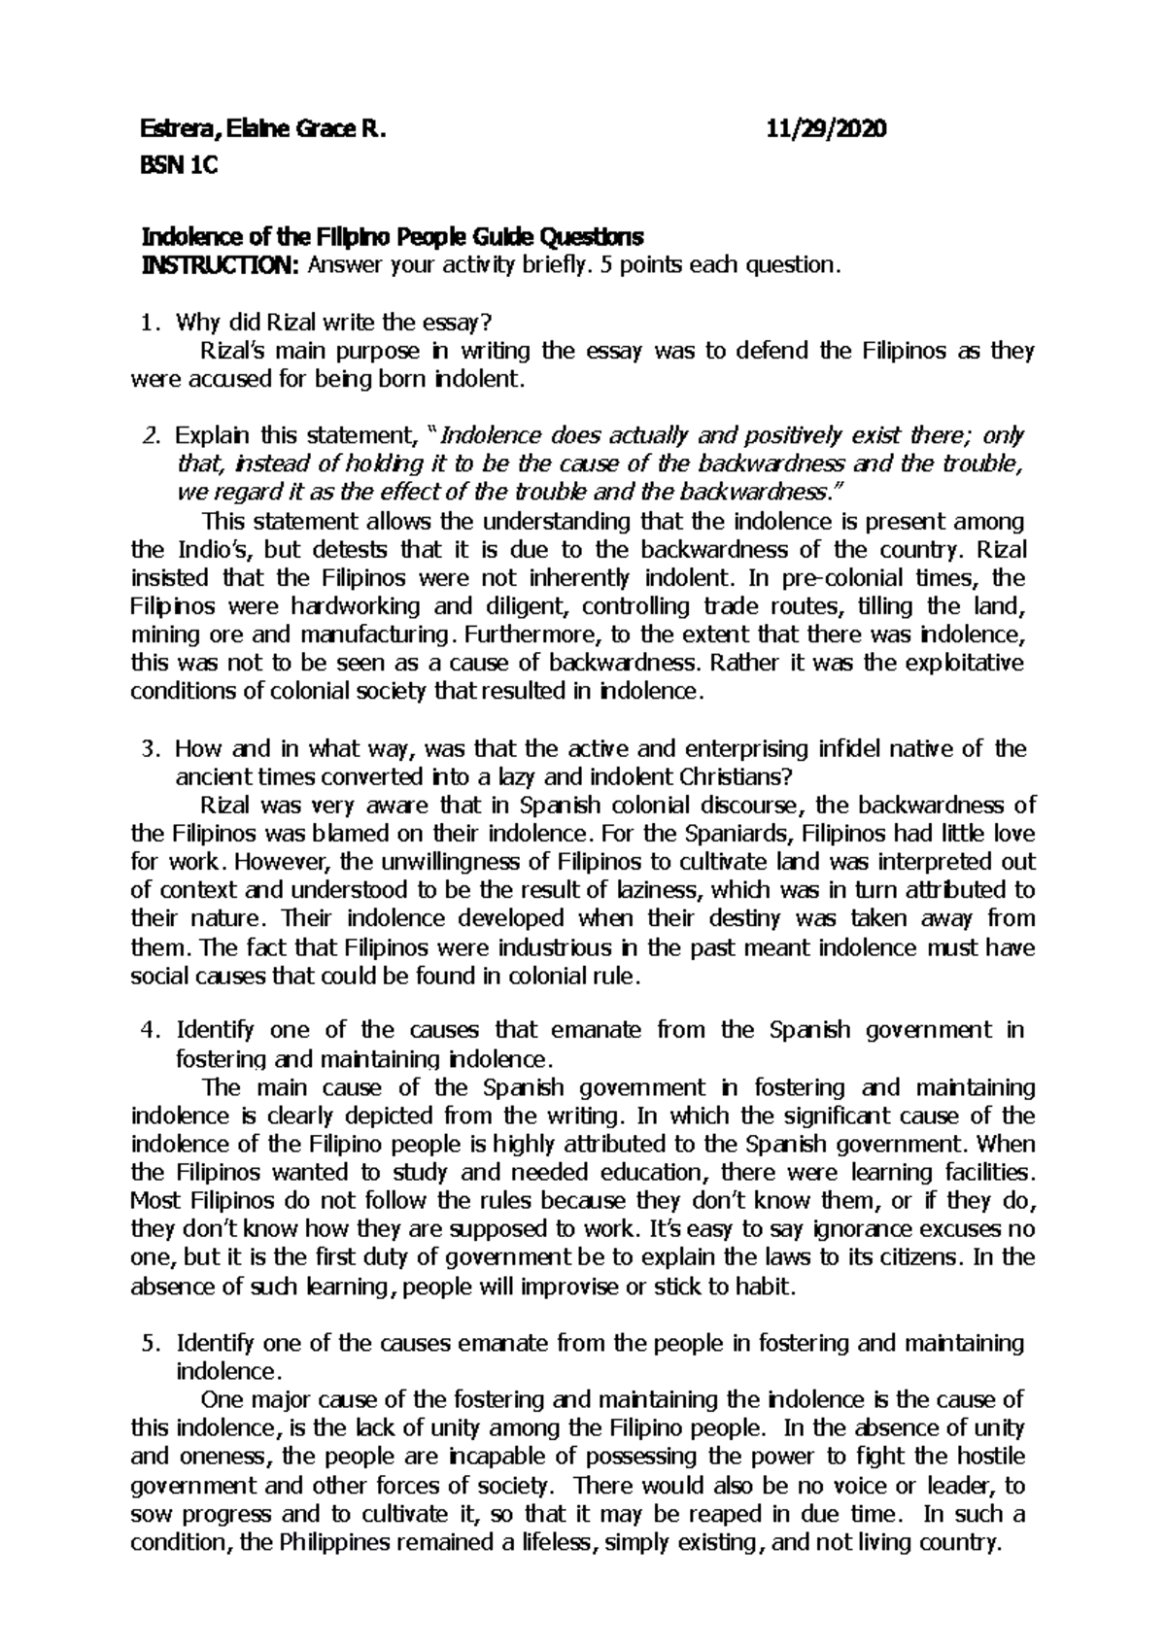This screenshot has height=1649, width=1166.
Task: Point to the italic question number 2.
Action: coord(149,435)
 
